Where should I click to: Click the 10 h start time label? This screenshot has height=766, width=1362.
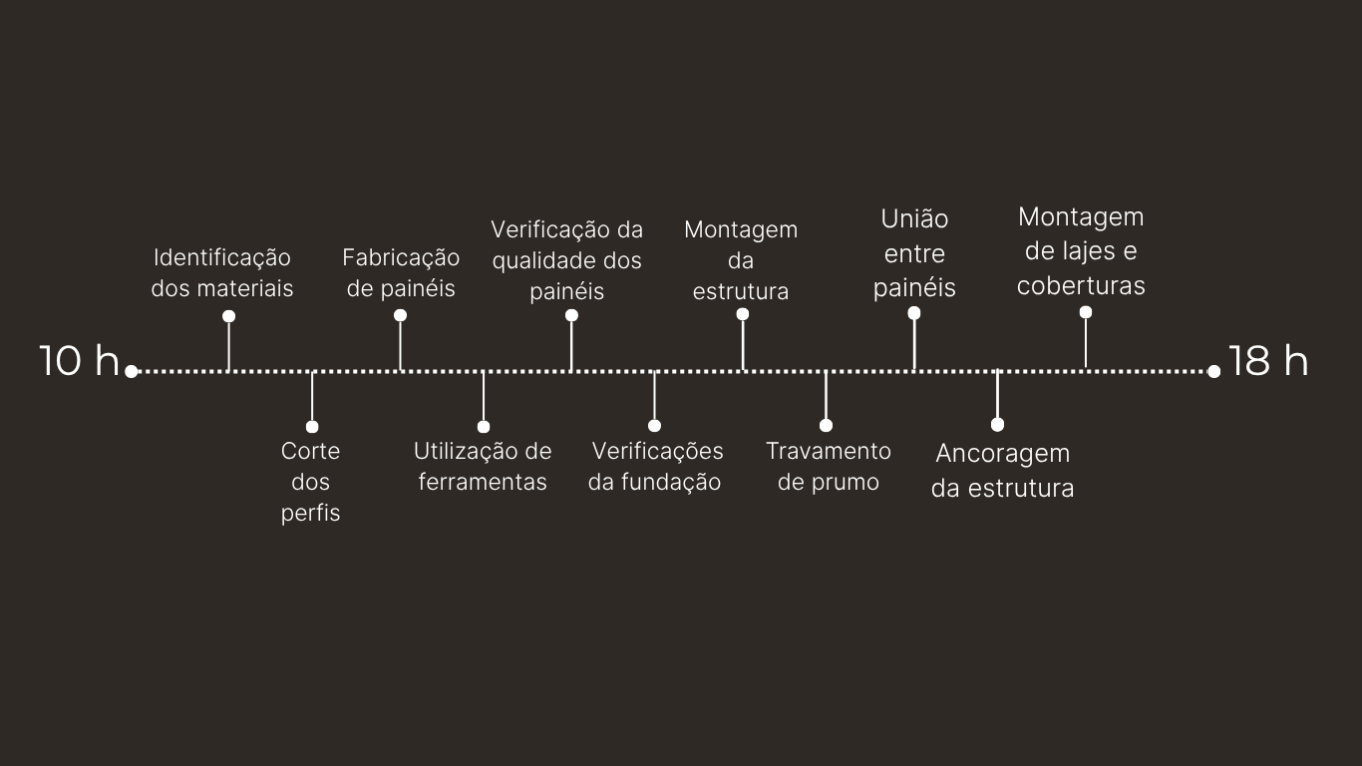click(79, 361)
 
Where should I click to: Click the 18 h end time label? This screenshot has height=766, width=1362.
click(1267, 361)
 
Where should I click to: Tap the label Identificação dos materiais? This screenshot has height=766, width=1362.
click(222, 273)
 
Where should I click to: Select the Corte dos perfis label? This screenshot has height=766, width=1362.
click(310, 482)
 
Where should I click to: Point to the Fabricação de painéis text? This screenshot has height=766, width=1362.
click(401, 273)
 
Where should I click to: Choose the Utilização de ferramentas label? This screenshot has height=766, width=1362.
click(483, 467)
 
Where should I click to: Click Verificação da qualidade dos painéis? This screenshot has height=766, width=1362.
click(566, 260)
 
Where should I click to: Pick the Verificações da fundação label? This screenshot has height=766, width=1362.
click(655, 467)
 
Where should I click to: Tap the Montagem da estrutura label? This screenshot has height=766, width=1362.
click(741, 260)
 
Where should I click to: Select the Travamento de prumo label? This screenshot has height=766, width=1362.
click(829, 467)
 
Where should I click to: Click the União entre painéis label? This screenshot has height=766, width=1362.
click(914, 253)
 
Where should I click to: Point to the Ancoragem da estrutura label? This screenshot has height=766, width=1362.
click(1002, 471)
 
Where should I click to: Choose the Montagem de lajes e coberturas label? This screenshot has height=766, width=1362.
click(1081, 251)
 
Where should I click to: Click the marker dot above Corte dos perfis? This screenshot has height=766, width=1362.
click(312, 427)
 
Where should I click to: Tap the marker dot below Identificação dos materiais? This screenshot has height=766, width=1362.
click(229, 316)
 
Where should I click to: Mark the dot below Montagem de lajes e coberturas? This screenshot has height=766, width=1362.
click(1086, 312)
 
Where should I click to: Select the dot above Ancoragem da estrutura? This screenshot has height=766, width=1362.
click(997, 425)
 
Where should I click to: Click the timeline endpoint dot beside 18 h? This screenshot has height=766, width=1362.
click(1213, 371)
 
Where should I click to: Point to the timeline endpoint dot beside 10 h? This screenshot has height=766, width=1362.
click(131, 371)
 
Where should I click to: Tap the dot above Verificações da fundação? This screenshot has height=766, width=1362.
click(654, 426)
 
